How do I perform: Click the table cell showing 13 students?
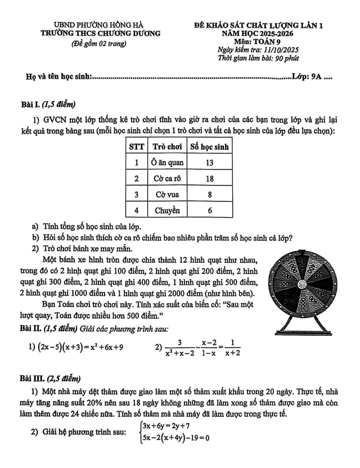pyautogui.click(x=209, y=163)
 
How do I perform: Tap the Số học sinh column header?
pyautogui.click(x=209, y=147)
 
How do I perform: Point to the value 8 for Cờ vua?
pyautogui.click(x=209, y=195)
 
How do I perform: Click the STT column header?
pyautogui.click(x=137, y=147)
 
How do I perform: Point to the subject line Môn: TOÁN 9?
pyautogui.click(x=259, y=41)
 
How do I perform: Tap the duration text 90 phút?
pyautogui.click(x=286, y=58)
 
